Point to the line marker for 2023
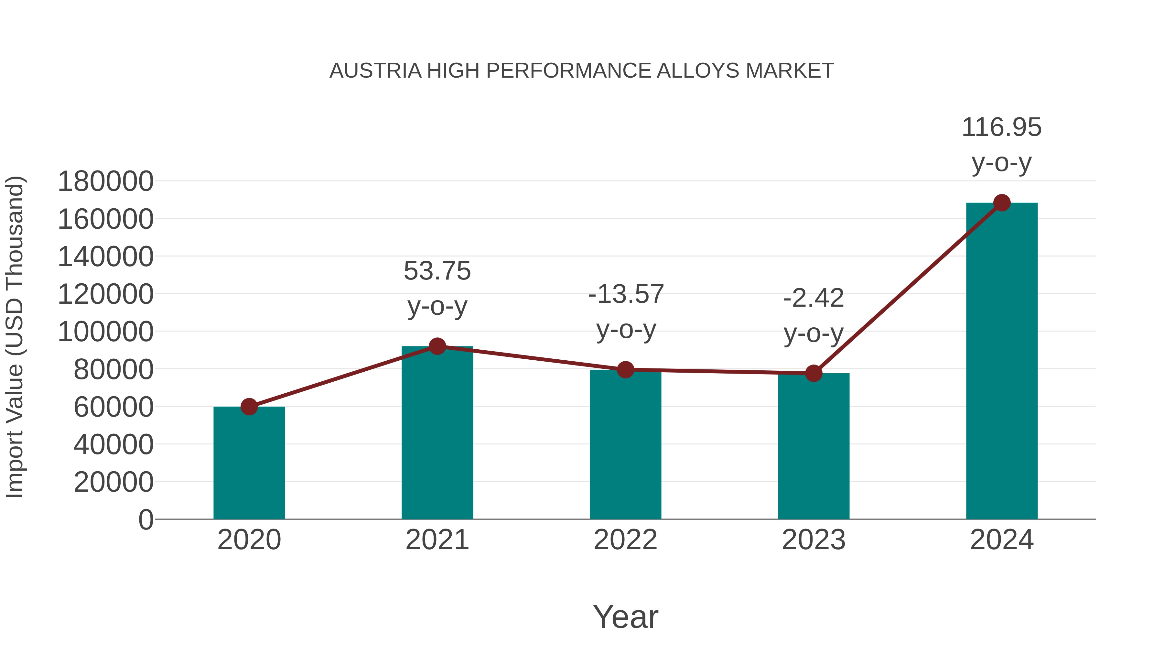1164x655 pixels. pyautogui.click(x=814, y=373)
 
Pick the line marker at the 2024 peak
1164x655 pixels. pyautogui.click(x=1002, y=203)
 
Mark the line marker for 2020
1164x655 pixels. pyautogui.click(x=249, y=407)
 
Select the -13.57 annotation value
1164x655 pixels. pyautogui.click(x=626, y=294)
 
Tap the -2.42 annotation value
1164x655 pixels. pyautogui.click(x=814, y=298)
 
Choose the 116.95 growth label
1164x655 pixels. pyautogui.click(x=1001, y=127)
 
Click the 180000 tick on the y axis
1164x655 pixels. pyautogui.click(x=106, y=182)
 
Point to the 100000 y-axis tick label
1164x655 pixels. pyautogui.click(x=106, y=332)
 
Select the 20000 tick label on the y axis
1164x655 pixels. pyautogui.click(x=113, y=482)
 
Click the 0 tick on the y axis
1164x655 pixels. pyautogui.click(x=146, y=519)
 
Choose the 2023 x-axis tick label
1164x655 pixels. pyautogui.click(x=814, y=540)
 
